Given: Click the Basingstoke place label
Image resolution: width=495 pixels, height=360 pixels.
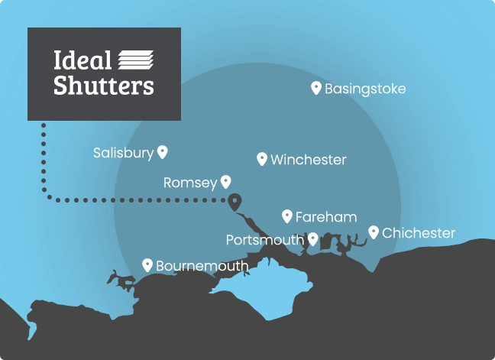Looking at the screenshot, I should (365, 89).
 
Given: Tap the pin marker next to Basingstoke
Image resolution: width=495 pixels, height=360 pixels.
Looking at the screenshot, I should (316, 88).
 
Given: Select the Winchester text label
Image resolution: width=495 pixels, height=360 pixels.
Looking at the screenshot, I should (309, 160).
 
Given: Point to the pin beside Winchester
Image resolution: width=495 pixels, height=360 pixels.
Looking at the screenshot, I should (262, 158).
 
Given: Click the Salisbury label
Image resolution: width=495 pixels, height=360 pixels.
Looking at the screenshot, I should (123, 153).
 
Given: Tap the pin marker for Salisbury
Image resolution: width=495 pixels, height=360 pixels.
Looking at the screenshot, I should (162, 152).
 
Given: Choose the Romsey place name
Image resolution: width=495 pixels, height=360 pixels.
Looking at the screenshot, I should (189, 183).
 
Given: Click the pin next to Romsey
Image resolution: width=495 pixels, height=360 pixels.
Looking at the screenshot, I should (225, 182).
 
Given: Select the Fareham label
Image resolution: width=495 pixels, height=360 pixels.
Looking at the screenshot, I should (326, 217).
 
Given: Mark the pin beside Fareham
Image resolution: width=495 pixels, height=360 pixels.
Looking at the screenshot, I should (287, 216).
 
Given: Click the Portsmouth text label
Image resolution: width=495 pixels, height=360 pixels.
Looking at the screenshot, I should (265, 240).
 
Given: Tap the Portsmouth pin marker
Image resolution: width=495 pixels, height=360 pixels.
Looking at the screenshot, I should (312, 239).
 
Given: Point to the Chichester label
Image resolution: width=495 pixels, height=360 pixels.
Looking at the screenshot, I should (419, 233).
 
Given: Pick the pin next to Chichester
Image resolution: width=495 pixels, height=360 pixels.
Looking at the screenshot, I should (374, 232).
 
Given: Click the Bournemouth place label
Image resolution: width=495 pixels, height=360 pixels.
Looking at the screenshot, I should (202, 266).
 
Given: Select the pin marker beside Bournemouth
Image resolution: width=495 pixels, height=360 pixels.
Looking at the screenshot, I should (147, 264).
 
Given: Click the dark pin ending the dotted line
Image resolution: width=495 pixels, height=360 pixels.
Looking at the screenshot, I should (235, 201).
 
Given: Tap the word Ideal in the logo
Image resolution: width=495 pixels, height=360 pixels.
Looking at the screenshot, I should (82, 60).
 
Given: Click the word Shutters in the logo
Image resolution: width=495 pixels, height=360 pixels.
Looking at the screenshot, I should (104, 85).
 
